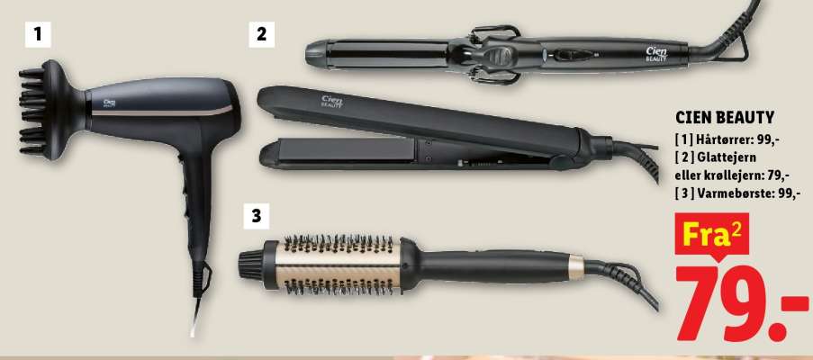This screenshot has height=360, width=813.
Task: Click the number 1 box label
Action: (x=38, y=35)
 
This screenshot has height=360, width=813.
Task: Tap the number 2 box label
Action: (x=261, y=35)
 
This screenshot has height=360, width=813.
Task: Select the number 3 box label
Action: (x=257, y=216)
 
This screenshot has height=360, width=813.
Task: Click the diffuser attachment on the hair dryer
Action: (x=50, y=110)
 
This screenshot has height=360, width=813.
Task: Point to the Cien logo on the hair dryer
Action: (x=109, y=103)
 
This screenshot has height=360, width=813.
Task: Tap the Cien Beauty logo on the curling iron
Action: (x=656, y=54)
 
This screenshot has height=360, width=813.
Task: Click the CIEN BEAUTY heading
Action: (x=725, y=118)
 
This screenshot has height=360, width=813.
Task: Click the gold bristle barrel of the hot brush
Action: (x=338, y=265)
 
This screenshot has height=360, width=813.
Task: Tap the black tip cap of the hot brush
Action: (x=251, y=265)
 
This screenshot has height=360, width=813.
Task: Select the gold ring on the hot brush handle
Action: (x=575, y=267)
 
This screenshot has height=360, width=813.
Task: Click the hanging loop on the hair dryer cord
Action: (x=203, y=279)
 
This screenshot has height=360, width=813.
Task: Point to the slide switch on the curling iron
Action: (x=573, y=55)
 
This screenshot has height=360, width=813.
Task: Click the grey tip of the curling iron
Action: (x=316, y=53)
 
